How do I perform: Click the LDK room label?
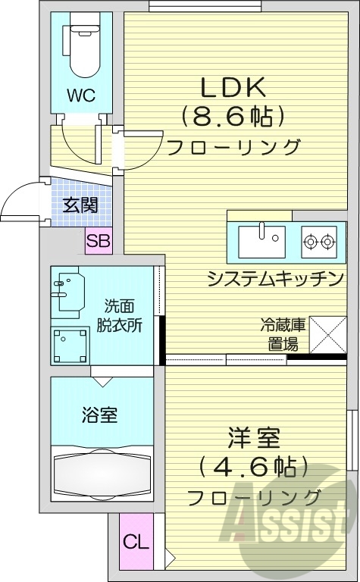coord(233,87)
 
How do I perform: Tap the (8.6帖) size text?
coord(233,116)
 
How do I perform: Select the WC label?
coord(80,96)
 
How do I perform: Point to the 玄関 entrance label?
coord(80,205)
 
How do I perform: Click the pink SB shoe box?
coord(98,242)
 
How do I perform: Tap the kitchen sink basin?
coord(260,242)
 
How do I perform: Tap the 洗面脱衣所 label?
coord(124,317)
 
